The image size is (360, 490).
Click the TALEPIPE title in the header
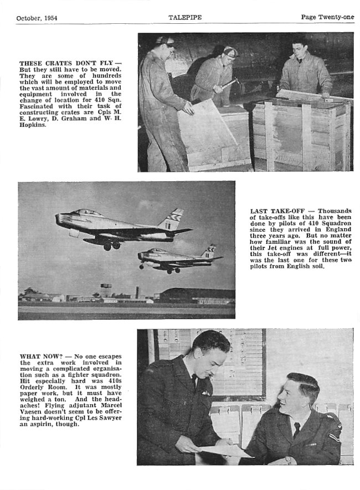(185, 17)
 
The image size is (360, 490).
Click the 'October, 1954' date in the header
(37, 18)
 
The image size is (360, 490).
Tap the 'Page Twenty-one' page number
(327, 17)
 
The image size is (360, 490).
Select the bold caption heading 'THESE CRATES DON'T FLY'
(67, 64)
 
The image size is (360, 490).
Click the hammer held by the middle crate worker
(229, 82)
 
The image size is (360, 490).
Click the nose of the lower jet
(140, 254)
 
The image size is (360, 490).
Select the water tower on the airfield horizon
(106, 288)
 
